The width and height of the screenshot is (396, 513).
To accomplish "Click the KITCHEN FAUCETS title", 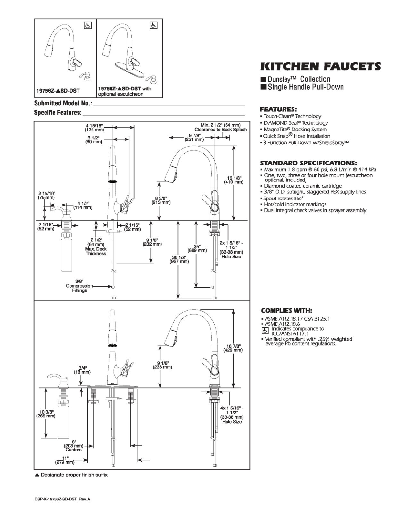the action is point(320,66).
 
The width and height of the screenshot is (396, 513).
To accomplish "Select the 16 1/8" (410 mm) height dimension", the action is point(233,180).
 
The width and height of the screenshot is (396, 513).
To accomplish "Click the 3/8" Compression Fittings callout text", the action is point(79,286).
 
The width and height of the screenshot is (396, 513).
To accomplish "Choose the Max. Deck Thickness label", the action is point(96,251).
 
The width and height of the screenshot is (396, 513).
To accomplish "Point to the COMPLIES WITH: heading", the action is point(286,310).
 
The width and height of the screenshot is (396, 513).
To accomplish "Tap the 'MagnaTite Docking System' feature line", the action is point(294,129).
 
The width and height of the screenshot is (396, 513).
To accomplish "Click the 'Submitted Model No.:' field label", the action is point(63,104).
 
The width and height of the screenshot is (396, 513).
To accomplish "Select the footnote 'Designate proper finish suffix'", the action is point(71,475).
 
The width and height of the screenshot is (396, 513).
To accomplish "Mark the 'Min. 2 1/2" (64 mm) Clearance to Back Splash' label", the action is point(220,127).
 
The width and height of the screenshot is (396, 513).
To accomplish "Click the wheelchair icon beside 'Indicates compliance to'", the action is point(265,331).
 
